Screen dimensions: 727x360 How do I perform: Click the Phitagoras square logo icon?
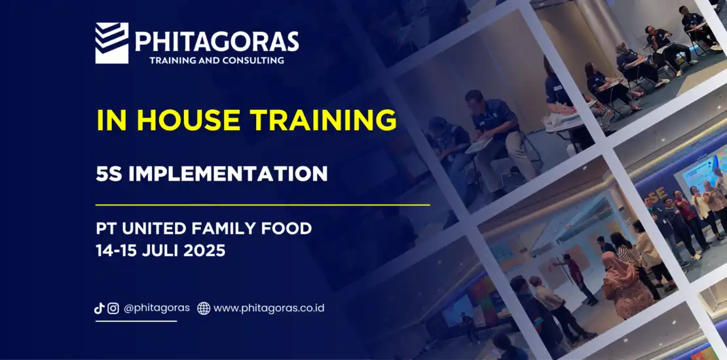(112, 43)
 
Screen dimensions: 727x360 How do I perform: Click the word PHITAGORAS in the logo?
(217, 42)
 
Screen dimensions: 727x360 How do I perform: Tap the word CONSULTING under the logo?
(253, 60)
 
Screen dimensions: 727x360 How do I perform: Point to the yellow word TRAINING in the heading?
(324, 120)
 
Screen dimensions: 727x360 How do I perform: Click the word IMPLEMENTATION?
(228, 173)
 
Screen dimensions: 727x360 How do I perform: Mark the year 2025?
(204, 251)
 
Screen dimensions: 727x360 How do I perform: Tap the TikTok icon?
(99, 308)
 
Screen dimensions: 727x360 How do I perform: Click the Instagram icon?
(113, 308)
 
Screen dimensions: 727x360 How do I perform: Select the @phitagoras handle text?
(157, 308)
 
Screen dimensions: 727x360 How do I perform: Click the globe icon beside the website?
(204, 308)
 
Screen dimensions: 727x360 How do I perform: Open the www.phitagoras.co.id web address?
(269, 308)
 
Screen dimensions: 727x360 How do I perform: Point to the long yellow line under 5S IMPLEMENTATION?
(263, 204)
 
